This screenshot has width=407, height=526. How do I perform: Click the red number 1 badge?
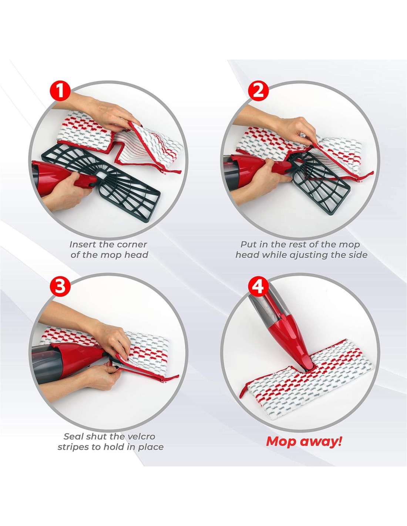coord(60,91)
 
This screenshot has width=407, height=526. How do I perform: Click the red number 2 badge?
coord(259,91)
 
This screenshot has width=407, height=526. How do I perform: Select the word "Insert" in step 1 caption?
coord(80,245)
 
